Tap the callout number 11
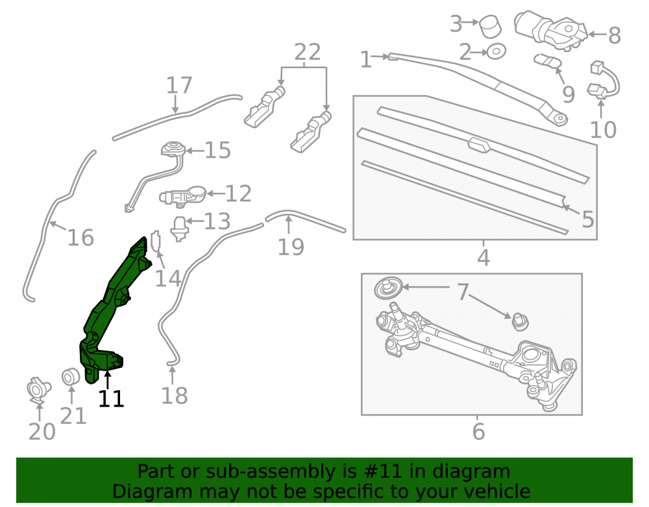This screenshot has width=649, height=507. (111, 399)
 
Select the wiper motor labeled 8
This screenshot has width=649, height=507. (550, 30)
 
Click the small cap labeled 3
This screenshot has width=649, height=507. (490, 27)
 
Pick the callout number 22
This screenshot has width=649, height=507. (308, 52)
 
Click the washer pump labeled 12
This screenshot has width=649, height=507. (183, 195)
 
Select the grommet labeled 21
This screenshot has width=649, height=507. (71, 377)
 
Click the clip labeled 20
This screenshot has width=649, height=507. (38, 390)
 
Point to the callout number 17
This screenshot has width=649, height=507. (179, 85)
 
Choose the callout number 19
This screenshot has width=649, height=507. (291, 247)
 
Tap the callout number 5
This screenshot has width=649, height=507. (588, 219)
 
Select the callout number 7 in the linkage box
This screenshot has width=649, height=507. (463, 291)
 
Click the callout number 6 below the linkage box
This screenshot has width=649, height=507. (478, 432)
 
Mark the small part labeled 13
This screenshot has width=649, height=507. (180, 229)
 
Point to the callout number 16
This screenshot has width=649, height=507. (80, 238)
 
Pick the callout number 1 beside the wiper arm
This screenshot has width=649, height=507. (366, 60)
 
